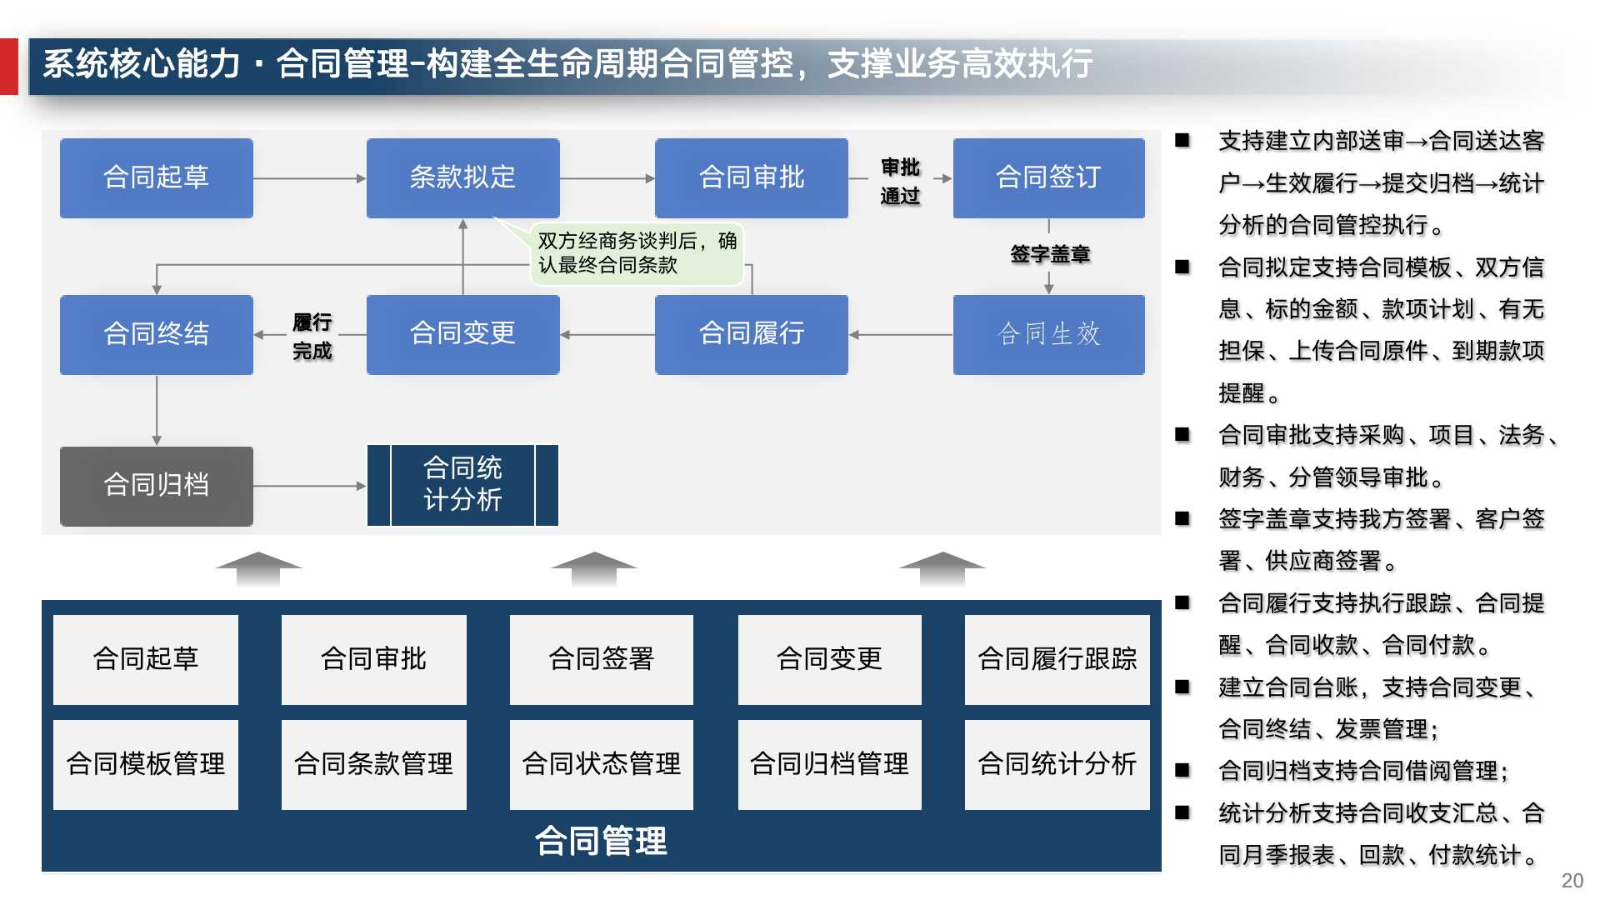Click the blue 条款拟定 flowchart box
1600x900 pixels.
click(x=462, y=177)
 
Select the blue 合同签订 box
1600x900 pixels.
click(x=1048, y=177)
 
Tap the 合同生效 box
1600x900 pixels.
click(x=1048, y=334)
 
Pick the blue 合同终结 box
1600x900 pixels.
click(x=156, y=334)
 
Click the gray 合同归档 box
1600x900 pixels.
click(x=156, y=485)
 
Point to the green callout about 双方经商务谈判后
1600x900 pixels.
click(x=637, y=253)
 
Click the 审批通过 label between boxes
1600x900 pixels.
click(x=900, y=181)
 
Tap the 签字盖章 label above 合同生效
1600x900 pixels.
click(x=1049, y=254)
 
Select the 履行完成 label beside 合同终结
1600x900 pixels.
click(x=312, y=336)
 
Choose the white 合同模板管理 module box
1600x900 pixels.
click(x=146, y=764)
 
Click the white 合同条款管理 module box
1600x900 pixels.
click(x=373, y=764)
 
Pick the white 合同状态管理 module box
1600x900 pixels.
click(x=601, y=764)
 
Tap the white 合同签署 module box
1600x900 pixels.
click(x=601, y=659)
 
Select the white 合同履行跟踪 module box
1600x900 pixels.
click(x=1057, y=659)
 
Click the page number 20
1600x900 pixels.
click(x=1572, y=881)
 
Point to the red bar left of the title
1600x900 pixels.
click(x=8, y=66)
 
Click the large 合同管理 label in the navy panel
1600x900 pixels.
click(x=601, y=841)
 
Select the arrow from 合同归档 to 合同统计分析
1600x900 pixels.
click(x=309, y=486)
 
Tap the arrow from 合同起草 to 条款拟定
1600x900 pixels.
click(x=309, y=178)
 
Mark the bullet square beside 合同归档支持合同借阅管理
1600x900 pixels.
click(x=1182, y=771)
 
